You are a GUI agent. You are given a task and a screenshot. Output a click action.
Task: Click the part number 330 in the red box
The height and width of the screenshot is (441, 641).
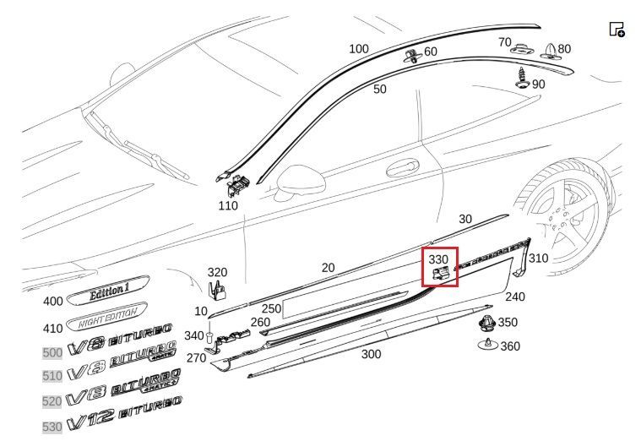(438, 259)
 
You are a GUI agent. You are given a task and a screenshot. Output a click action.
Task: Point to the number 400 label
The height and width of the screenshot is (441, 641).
(52, 301)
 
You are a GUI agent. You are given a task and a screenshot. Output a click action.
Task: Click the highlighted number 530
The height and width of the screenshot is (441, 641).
(52, 427)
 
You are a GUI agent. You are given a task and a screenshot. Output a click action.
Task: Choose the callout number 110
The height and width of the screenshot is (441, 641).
(228, 205)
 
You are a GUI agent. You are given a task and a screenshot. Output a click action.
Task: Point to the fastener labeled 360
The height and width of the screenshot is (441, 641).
(486, 345)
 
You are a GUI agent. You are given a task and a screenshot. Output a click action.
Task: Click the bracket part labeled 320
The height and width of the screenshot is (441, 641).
(217, 289)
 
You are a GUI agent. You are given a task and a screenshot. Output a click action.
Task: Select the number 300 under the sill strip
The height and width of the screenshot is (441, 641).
(371, 354)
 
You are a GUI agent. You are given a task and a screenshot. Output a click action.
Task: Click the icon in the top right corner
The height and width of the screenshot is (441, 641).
(617, 30)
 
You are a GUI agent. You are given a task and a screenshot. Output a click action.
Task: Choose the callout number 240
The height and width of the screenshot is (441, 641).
(515, 297)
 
